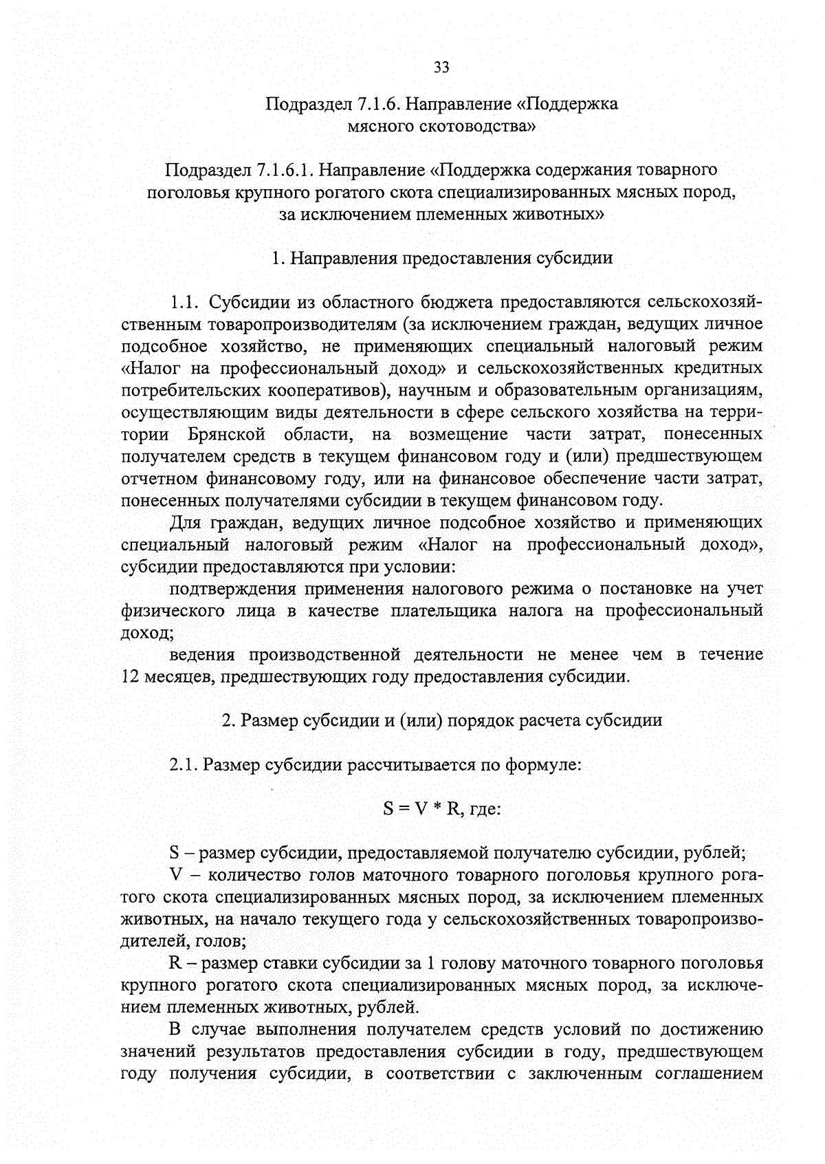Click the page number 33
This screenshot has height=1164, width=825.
click(x=441, y=67)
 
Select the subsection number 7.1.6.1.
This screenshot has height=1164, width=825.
click(x=285, y=170)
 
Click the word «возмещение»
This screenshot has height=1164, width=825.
click(x=458, y=435)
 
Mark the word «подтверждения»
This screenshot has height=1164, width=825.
click(x=232, y=589)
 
